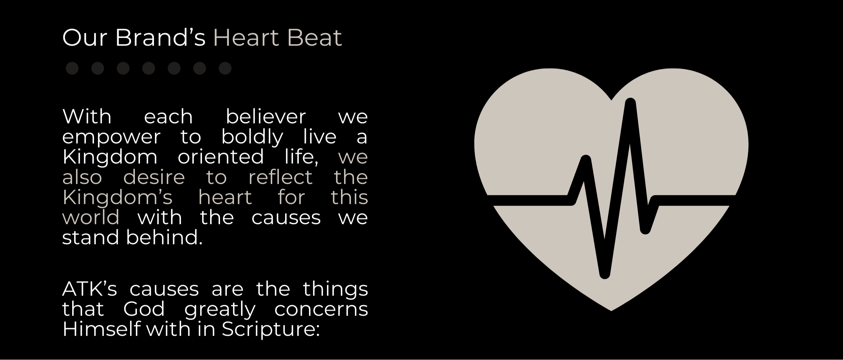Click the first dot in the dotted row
[x=72, y=68]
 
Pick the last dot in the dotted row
[x=225, y=68]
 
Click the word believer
[x=266, y=116]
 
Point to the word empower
[x=111, y=137]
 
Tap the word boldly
[x=252, y=137]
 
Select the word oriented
[x=221, y=157]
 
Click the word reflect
[x=280, y=177]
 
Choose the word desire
[x=154, y=177]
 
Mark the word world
[x=91, y=217]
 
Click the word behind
[x=164, y=237]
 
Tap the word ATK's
[x=90, y=289]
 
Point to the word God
[x=144, y=309]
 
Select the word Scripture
[x=271, y=329]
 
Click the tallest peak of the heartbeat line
[x=630, y=103]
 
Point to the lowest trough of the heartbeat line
[x=605, y=274]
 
